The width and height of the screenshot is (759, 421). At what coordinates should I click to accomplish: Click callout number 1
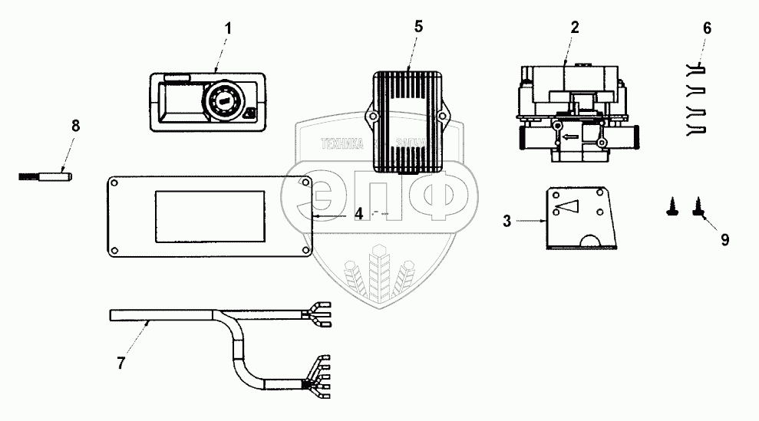point(228,28)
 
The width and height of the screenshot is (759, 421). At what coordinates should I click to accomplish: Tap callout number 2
point(574,26)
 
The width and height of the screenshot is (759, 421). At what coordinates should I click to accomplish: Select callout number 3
point(507,222)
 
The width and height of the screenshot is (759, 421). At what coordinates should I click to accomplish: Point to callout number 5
point(417,26)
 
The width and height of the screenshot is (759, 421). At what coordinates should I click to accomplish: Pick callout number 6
point(707,28)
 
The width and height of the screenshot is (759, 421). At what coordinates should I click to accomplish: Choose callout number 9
point(724,239)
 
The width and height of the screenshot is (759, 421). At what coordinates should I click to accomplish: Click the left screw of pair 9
point(672,206)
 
